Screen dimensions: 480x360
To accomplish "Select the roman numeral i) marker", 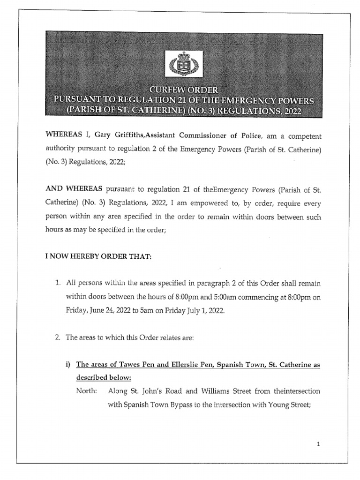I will pyautogui.click(x=68, y=365).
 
